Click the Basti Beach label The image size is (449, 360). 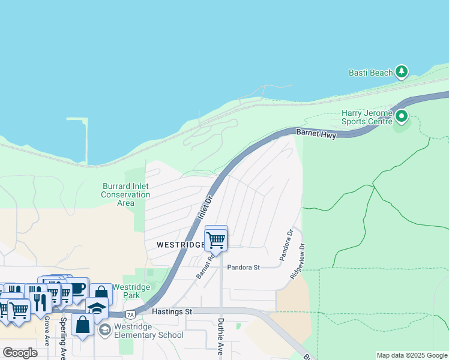point(370,73)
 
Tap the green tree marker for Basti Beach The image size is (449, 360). point(402,73)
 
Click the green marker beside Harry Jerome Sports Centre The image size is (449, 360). point(402,116)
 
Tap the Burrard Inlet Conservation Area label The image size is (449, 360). point(125,194)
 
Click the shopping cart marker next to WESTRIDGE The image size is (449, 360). point(215,239)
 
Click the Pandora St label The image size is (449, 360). point(243,268)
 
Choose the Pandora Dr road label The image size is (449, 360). point(285,245)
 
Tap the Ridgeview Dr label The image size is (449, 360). point(298,261)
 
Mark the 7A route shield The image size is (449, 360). point(130,314)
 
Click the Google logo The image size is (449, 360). point(20,353)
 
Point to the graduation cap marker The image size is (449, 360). point(96,308)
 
